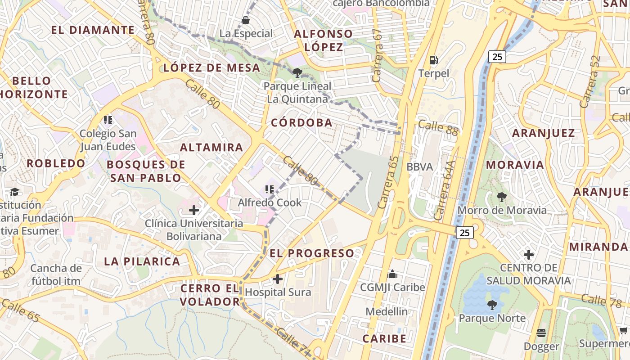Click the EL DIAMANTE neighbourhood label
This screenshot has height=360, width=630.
pos(93,30)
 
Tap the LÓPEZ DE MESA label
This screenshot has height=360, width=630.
pos(211,68)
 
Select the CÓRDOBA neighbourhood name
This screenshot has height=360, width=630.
pos(302,122)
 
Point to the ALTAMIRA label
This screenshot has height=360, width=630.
pos(211,147)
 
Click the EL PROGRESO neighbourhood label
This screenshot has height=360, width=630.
pos(312,253)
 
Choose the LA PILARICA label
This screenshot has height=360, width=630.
pos(142,261)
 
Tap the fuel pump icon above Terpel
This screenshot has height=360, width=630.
pos(433,60)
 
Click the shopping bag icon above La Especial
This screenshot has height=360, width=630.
pos(246,20)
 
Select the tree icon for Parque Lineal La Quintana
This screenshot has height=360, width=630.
pos(297,72)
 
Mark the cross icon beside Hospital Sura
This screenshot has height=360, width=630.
pos(278,279)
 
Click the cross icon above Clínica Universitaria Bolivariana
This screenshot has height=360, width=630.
pos(193,210)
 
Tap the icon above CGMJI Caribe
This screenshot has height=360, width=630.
pos(392,274)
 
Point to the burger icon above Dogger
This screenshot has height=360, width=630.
pos(541,333)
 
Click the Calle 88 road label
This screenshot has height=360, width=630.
pos(437,128)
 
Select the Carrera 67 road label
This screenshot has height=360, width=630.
pos(377,55)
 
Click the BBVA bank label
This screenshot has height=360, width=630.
pos(419,167)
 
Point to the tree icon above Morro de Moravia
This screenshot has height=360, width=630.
pos(501,197)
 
